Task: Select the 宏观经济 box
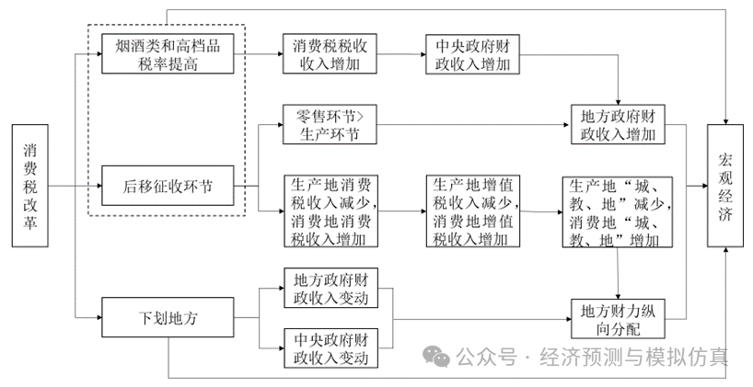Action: click(727, 187)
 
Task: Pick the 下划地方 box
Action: click(168, 319)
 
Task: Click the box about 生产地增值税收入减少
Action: click(470, 211)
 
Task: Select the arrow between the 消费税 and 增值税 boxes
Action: click(402, 211)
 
